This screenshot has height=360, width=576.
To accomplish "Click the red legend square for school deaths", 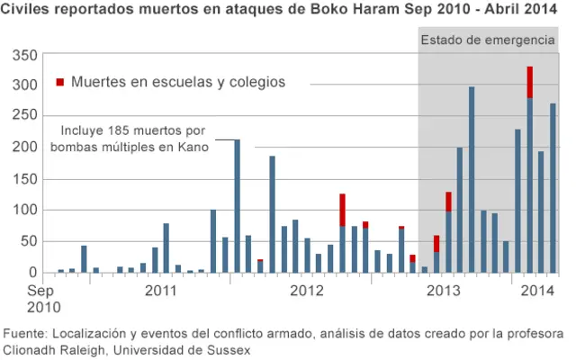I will (60, 83).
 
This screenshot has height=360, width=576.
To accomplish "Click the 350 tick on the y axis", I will (26, 56).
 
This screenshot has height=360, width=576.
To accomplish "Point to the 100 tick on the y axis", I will (26, 210).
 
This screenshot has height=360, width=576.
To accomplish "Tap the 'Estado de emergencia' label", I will (488, 40).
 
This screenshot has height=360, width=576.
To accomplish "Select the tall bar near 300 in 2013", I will (472, 180).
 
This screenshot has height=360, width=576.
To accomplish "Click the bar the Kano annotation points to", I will (237, 207).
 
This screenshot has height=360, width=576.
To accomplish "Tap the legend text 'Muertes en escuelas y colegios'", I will (178, 82).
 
